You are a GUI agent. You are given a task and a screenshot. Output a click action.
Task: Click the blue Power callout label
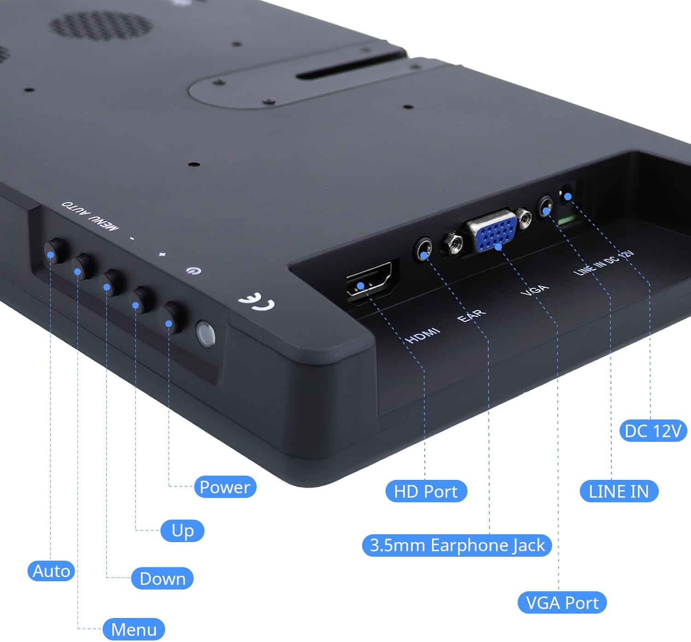point(225,487)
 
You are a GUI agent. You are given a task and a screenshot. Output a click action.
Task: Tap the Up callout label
point(182,531)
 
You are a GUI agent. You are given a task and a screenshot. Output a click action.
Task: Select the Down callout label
point(162,578)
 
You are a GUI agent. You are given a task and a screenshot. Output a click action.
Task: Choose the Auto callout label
point(51,571)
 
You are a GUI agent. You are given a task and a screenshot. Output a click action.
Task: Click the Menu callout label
point(134,630)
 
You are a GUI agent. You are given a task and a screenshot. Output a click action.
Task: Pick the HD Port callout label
point(426,491)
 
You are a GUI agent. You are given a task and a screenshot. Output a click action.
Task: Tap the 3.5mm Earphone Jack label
point(457,545)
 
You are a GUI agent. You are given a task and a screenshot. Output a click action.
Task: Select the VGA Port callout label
point(562,603)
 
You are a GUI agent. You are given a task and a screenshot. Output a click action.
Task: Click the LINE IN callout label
point(618,491)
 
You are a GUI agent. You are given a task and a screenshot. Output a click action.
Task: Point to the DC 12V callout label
point(653,431)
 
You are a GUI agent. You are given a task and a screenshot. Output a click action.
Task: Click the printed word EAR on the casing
point(471,315)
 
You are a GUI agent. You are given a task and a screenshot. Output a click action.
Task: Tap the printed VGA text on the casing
point(535,290)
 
